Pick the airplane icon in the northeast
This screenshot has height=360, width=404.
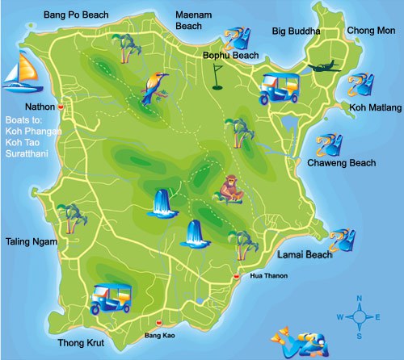[325, 68]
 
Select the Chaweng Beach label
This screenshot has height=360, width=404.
[342, 163]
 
